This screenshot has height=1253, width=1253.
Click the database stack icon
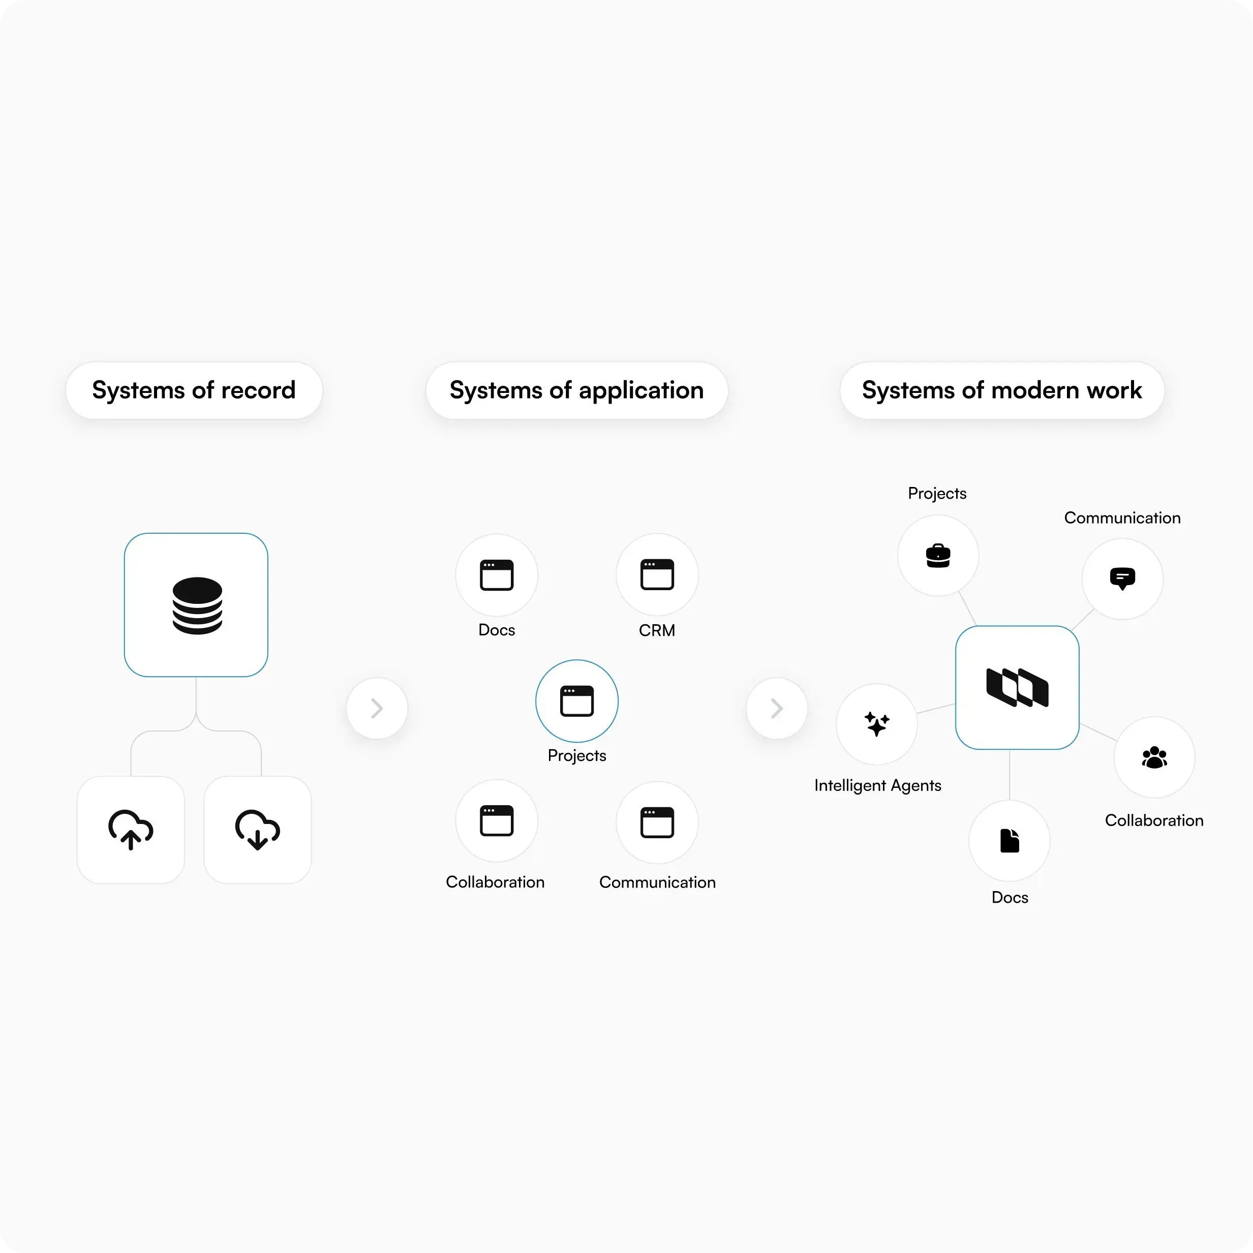(x=197, y=605)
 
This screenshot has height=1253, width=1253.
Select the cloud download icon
(x=258, y=830)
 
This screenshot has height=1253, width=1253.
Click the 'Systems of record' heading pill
(x=194, y=390)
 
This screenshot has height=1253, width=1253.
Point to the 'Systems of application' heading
(x=576, y=390)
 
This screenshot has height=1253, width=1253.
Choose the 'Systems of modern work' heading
(x=1002, y=390)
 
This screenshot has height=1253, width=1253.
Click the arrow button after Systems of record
(x=377, y=708)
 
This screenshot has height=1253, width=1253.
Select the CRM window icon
(x=657, y=574)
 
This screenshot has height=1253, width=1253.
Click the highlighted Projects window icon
(x=576, y=701)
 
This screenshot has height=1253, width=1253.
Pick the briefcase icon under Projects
(x=938, y=556)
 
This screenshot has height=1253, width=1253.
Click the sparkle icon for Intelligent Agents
(x=877, y=724)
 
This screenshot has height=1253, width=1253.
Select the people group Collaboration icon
(x=1154, y=757)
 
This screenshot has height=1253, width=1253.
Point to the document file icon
(x=1010, y=841)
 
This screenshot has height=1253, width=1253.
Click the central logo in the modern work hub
(x=1017, y=687)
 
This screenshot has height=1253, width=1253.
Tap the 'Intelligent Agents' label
(x=877, y=785)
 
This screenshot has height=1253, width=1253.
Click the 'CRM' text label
(x=657, y=630)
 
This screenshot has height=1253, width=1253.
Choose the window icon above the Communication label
(x=657, y=822)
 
